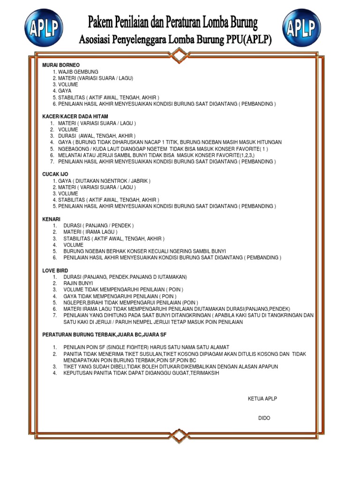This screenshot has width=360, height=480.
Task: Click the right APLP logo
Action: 301,28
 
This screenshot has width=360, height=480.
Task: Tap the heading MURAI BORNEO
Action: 61,65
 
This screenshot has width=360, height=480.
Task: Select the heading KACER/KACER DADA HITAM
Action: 75,116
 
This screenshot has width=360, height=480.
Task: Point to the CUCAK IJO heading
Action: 55,174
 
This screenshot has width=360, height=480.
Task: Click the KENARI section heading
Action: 52,219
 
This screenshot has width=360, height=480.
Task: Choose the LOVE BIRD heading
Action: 55,270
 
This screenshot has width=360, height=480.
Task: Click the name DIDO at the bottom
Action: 264,418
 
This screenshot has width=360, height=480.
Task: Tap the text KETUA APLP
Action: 262,398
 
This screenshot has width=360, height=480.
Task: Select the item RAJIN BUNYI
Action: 78,283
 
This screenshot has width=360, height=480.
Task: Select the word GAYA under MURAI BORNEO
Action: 65,91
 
